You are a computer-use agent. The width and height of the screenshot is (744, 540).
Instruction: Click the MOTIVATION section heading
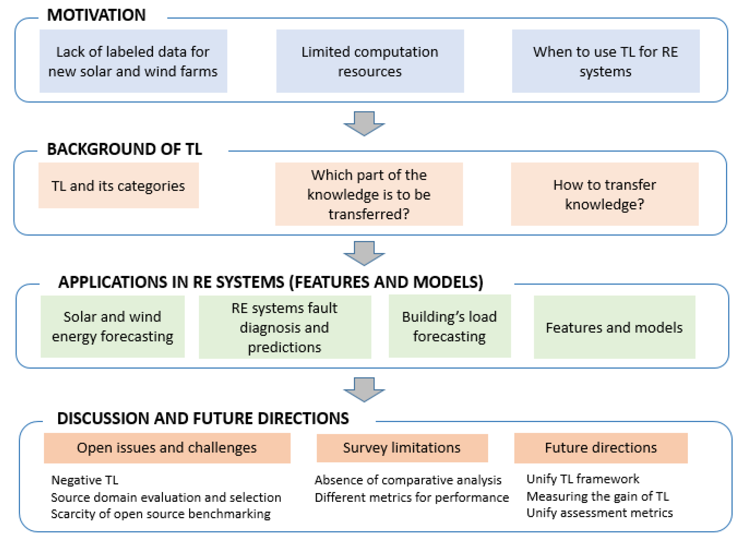point(96,15)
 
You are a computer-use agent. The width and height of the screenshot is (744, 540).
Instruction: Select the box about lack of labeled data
point(133,61)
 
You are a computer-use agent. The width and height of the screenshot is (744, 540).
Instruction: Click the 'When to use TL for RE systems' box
point(606,61)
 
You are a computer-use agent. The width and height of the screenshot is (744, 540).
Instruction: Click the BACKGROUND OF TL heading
point(124,149)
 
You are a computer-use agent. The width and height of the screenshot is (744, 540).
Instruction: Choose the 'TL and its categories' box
point(118,186)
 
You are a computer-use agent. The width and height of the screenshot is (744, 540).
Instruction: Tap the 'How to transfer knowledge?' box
point(604,194)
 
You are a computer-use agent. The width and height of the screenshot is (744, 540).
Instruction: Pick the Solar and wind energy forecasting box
point(113,327)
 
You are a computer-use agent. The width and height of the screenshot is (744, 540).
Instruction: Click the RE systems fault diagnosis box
point(284,327)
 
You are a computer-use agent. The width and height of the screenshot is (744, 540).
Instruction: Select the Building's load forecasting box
point(450,326)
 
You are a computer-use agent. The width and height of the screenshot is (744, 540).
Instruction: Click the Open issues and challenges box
point(167,448)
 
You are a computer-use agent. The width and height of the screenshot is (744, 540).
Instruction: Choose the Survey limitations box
point(402,448)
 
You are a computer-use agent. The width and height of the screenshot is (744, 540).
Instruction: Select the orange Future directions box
point(601,448)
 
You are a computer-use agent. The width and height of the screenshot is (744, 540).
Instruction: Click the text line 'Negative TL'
point(85,480)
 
